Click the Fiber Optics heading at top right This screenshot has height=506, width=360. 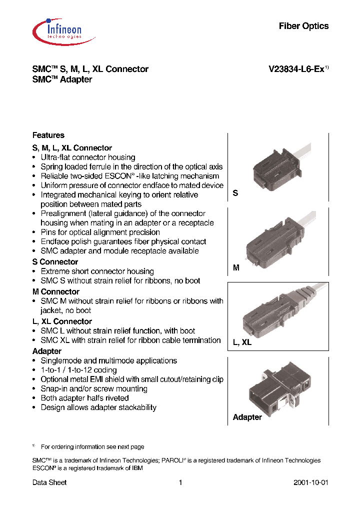click(x=303, y=26)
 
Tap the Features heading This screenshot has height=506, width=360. click(x=48, y=135)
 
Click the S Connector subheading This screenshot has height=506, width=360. click(x=55, y=262)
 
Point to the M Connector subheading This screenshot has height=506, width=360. click(x=55, y=292)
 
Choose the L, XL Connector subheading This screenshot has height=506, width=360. click(x=62, y=321)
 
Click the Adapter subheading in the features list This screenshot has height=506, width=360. click(x=46, y=351)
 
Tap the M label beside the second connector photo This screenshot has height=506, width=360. click(x=236, y=268)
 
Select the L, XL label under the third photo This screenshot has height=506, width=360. click(x=242, y=343)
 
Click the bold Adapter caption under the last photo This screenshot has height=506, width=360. click(x=247, y=417)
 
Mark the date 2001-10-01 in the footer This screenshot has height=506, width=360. click(x=310, y=483)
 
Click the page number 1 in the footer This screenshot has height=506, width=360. click(x=180, y=483)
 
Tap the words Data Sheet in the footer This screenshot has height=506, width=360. click(x=49, y=483)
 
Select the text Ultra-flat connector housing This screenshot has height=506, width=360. click(x=88, y=157)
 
